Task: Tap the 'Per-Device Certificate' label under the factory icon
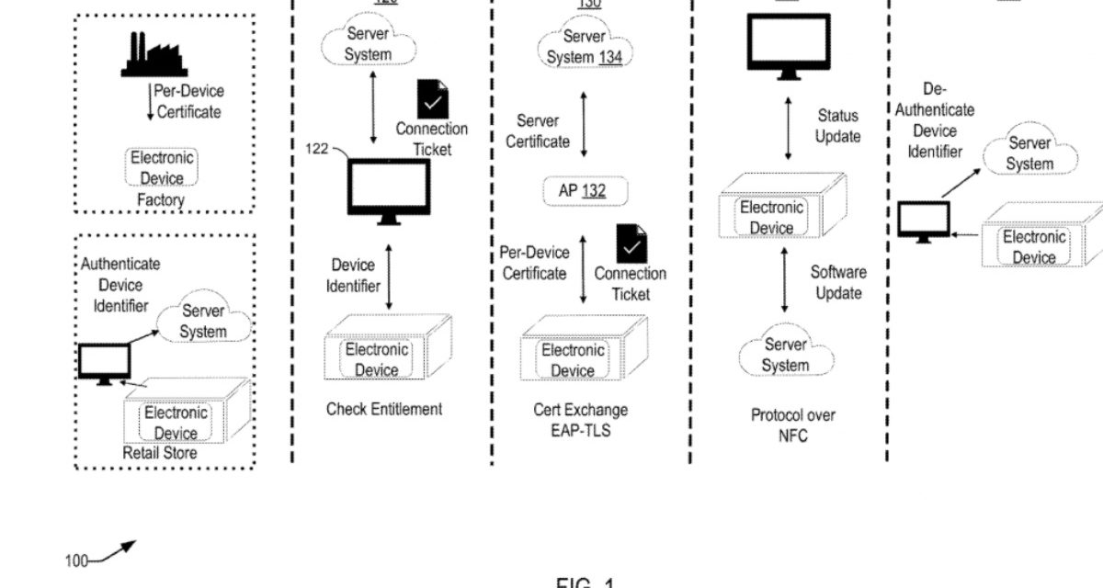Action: (x=189, y=102)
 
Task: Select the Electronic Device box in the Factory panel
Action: (x=162, y=168)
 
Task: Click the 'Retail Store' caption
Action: (x=160, y=453)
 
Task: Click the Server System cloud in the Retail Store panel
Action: (x=203, y=322)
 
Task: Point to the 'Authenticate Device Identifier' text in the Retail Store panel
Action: (x=119, y=285)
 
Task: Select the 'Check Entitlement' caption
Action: (x=384, y=409)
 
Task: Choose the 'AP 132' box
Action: (x=582, y=191)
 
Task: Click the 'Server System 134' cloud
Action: (x=585, y=47)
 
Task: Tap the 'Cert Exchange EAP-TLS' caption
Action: (x=581, y=420)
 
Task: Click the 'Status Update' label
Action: (x=837, y=126)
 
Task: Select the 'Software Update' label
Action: (x=838, y=282)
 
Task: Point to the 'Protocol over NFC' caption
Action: (x=792, y=425)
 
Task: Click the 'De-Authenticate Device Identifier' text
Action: (x=935, y=120)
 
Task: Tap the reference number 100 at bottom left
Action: (x=76, y=560)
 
